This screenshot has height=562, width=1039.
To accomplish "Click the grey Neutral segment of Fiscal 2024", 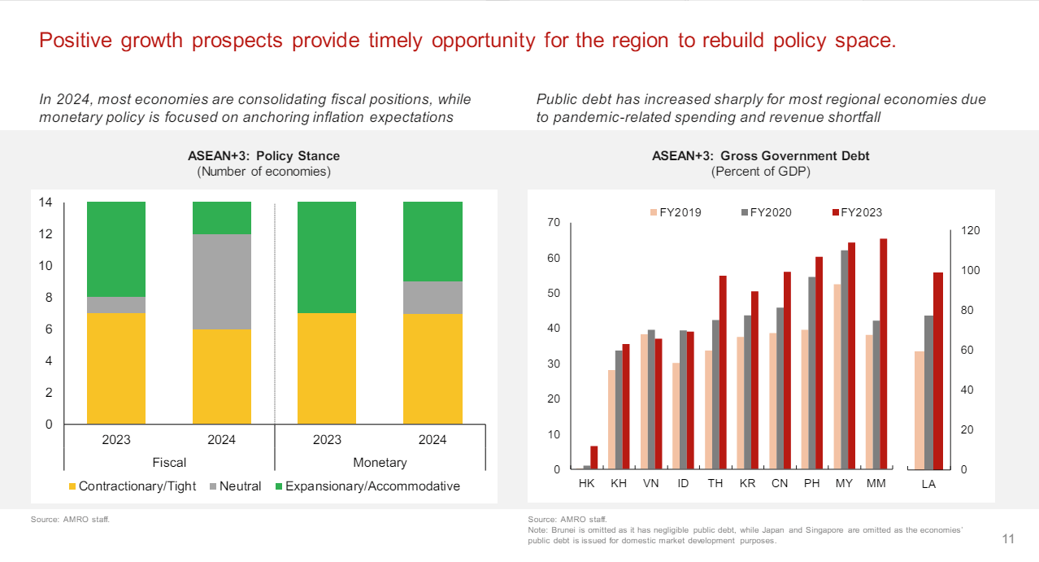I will [x=221, y=281].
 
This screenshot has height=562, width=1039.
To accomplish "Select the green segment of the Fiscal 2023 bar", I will [x=116, y=249].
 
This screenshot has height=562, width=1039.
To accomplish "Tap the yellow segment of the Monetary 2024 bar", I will [x=433, y=368].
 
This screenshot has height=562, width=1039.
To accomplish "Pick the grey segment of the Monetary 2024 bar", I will [x=433, y=298].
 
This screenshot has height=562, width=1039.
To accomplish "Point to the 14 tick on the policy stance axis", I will [x=46, y=203].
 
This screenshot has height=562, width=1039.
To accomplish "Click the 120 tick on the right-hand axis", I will [x=970, y=231].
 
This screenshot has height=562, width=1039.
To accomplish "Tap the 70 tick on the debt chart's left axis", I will [x=554, y=223].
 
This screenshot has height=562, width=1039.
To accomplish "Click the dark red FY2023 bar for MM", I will [x=883, y=354].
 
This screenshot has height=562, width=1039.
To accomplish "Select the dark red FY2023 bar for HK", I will [x=593, y=457].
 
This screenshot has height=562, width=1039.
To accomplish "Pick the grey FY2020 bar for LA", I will [x=928, y=392].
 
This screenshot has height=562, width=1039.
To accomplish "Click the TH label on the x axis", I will [x=715, y=483].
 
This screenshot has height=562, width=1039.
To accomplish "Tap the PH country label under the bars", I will [x=811, y=483].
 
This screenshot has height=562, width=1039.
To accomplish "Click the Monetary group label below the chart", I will [x=380, y=463].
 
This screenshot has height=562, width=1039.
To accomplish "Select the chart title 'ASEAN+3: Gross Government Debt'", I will [x=760, y=156].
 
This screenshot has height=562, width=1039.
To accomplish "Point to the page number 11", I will [x=1008, y=539].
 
